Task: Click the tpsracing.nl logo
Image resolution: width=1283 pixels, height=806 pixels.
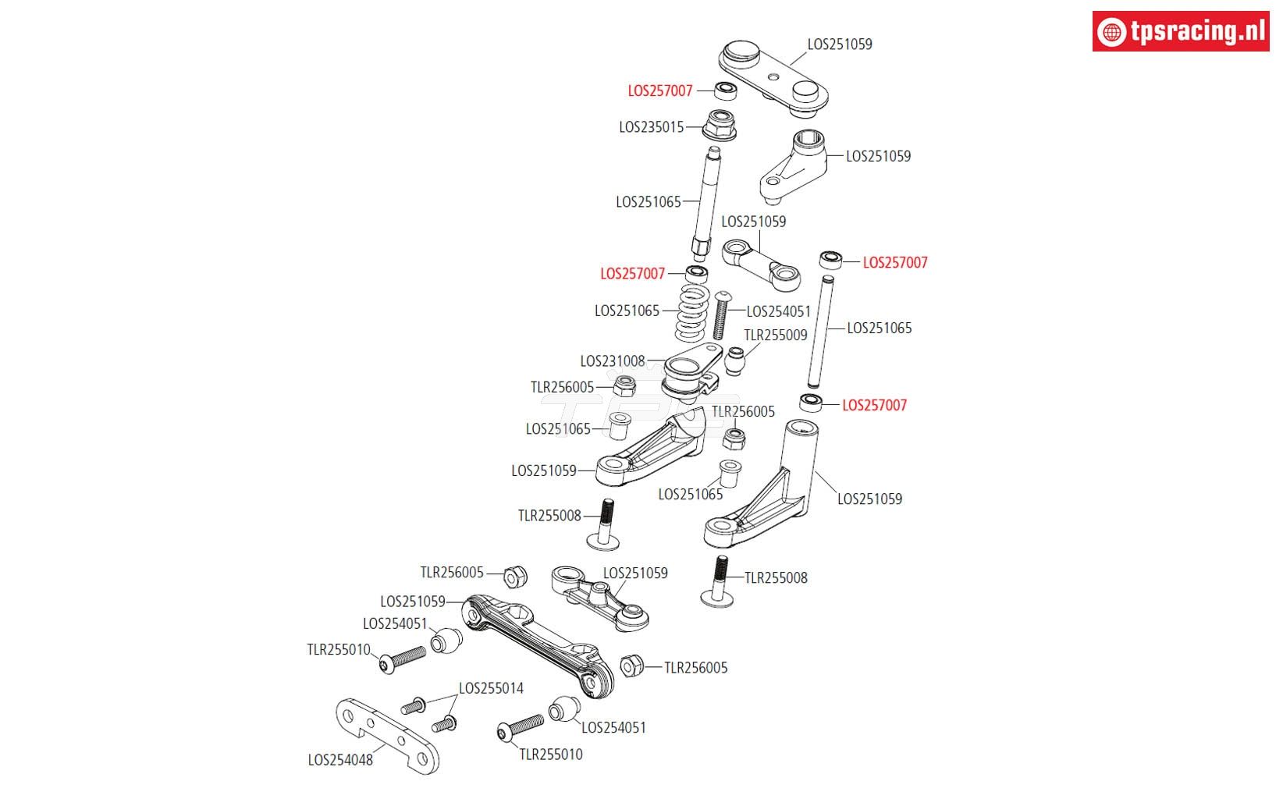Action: [x=1180, y=31]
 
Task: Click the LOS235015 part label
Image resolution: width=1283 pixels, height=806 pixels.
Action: [x=651, y=126]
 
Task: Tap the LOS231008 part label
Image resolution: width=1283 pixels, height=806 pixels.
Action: [x=613, y=361]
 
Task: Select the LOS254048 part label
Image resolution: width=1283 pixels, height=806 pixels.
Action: [x=340, y=759]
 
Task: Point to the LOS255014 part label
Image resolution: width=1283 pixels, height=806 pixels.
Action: [x=491, y=688]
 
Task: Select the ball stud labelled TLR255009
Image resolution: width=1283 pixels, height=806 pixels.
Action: [x=735, y=361]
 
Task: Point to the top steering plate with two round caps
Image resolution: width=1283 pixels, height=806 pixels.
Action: [x=773, y=76]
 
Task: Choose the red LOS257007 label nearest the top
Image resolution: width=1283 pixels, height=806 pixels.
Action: [x=660, y=91]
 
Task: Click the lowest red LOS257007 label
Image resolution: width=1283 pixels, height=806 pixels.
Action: [x=874, y=405]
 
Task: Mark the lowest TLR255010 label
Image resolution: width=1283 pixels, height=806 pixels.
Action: [x=551, y=755]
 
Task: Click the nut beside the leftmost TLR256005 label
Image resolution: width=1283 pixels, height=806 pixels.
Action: [x=515, y=577]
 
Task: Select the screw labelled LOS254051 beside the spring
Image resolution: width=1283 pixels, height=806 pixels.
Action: [x=720, y=314]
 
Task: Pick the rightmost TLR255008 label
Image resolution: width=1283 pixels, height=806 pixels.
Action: [x=776, y=578]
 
